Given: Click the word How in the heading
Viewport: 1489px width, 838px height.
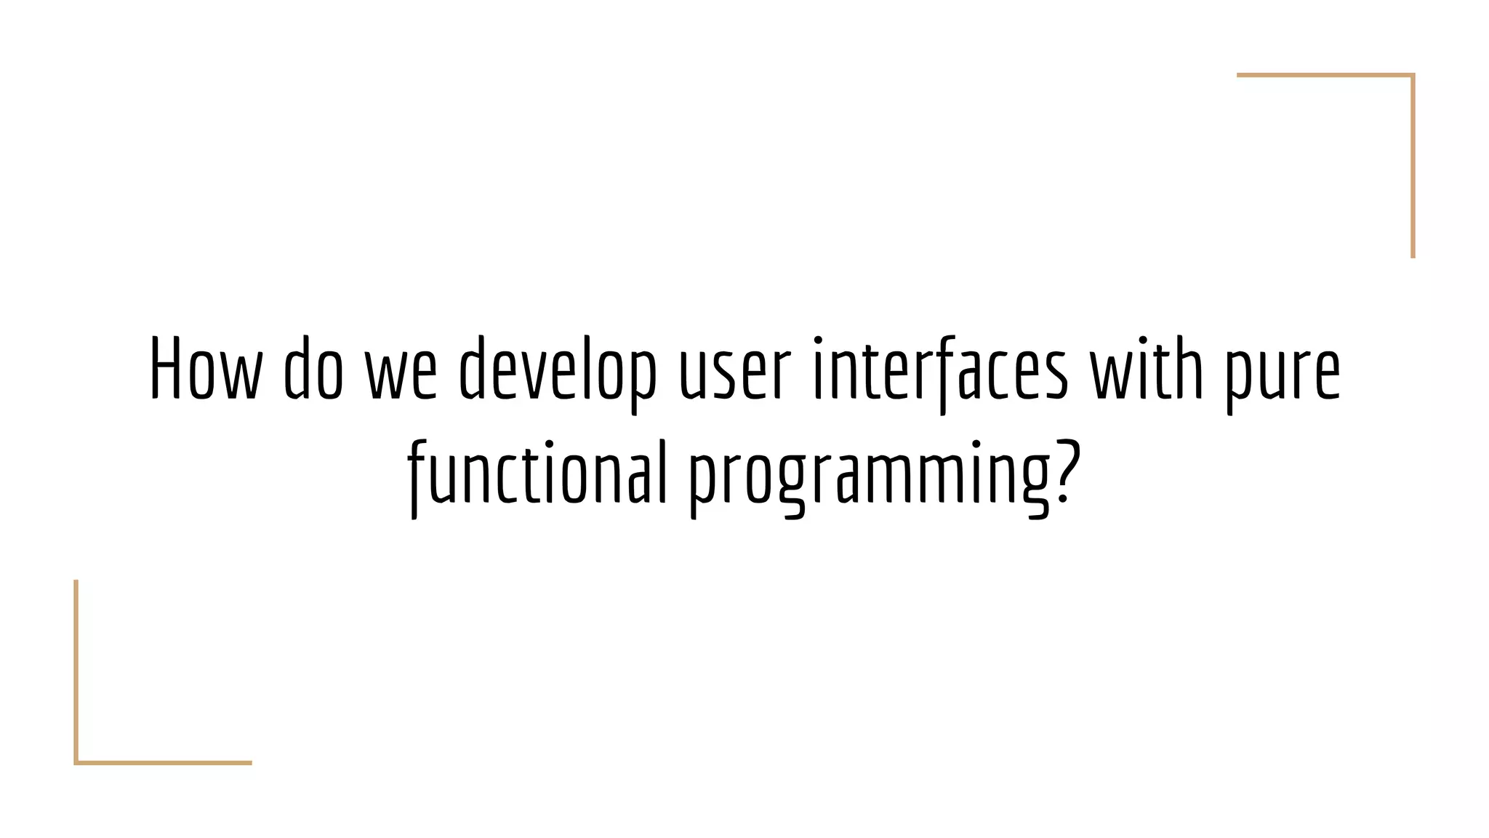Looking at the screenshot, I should [205, 370].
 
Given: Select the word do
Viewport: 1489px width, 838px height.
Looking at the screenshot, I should [313, 370].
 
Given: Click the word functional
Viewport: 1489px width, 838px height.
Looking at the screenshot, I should [537, 473].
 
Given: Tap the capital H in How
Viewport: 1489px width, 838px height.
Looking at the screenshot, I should [164, 370].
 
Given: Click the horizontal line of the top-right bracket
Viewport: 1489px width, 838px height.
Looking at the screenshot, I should [1323, 75].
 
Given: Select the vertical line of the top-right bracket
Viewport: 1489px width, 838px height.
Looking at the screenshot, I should [1413, 167].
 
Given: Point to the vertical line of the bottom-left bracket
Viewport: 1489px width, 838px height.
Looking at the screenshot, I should [76, 669].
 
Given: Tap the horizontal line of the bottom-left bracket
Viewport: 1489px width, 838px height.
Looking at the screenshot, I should [164, 762].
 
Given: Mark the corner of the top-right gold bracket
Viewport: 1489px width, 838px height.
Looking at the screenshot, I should [1413, 75].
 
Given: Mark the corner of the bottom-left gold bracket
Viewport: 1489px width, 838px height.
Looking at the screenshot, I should [76, 762].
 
